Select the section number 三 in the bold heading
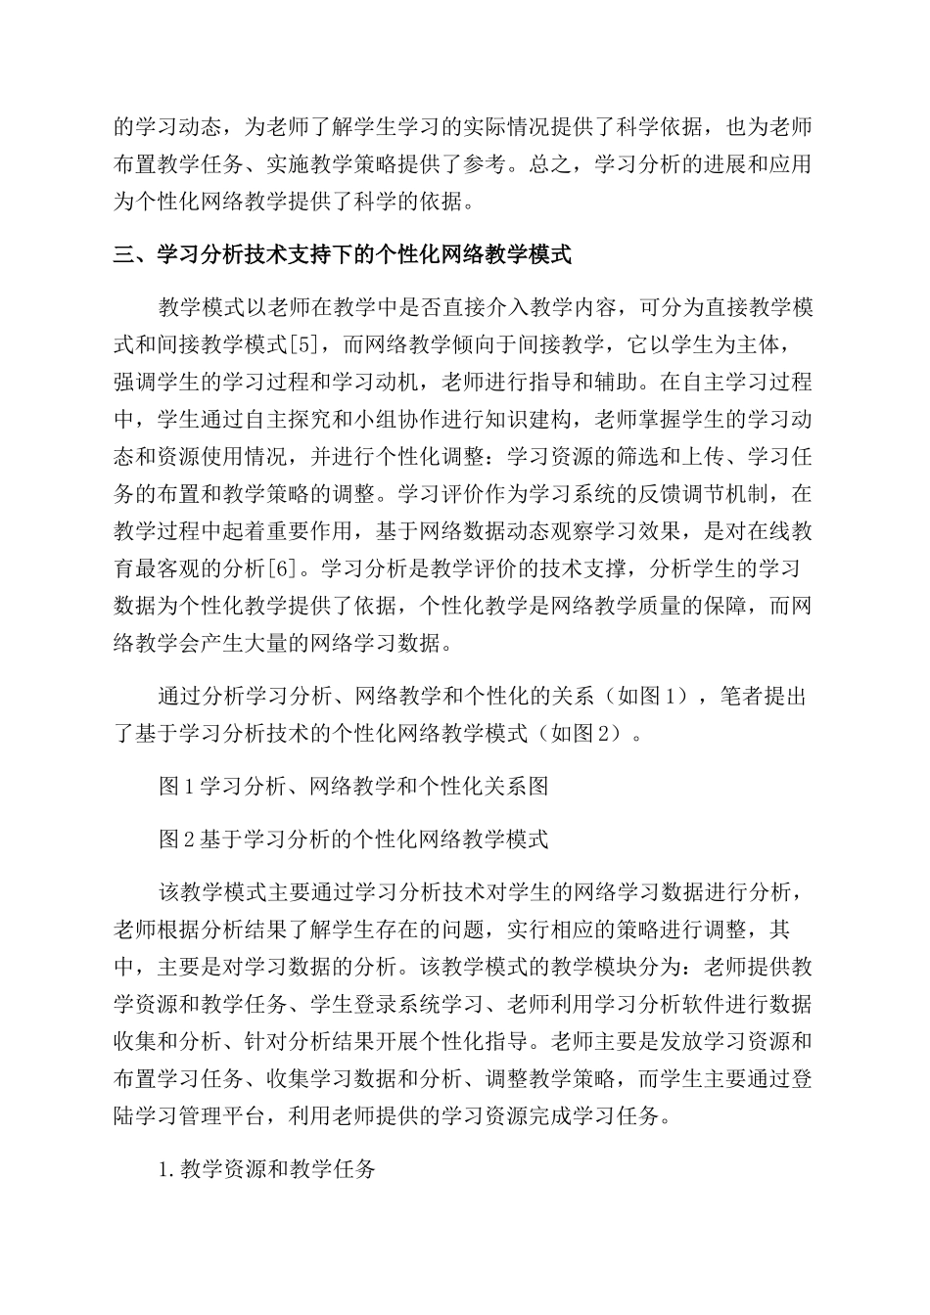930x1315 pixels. click(124, 255)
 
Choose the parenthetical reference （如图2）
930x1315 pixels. click(585, 733)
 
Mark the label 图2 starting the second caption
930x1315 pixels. click(178, 839)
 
